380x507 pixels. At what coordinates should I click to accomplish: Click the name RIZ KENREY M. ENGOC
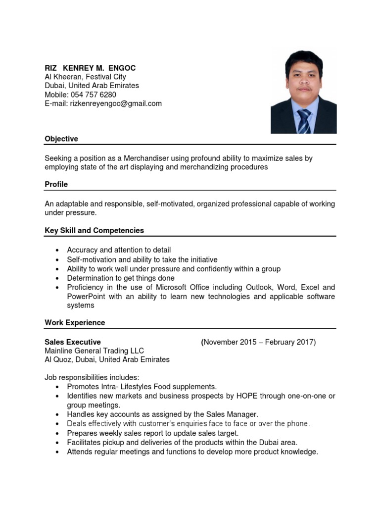coord(90,68)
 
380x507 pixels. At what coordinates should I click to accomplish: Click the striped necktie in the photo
coord(304,121)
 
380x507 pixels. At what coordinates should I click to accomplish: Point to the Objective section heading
coord(61,139)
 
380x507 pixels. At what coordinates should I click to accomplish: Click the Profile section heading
coord(56,185)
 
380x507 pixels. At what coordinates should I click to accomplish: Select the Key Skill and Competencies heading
coord(95,231)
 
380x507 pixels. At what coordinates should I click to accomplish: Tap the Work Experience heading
coord(75,323)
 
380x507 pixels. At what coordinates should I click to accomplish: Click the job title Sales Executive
coord(73,342)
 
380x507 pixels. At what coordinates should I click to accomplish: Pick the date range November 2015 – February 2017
coord(259,342)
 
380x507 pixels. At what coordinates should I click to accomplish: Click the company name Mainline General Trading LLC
coord(94,351)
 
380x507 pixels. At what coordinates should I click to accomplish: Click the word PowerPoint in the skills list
coord(85,297)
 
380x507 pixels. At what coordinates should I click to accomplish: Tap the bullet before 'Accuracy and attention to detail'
coord(58,251)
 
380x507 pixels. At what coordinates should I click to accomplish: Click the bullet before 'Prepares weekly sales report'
coord(58,433)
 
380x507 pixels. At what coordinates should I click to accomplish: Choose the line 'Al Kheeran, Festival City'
coord(85,77)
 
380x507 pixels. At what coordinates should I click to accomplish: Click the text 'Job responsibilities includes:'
coord(92,378)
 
